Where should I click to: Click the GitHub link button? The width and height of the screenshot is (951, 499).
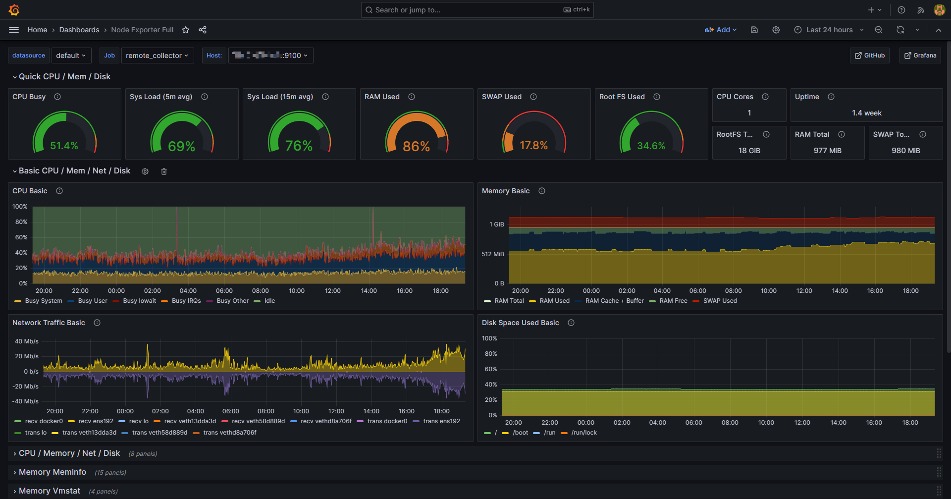tap(870, 55)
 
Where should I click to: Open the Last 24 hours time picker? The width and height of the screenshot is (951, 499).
tap(829, 30)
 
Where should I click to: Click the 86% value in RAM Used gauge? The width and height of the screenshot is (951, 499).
tap(416, 146)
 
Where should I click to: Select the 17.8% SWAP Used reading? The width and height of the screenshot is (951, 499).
tap(533, 146)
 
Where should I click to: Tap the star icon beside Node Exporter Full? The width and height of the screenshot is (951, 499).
tap(186, 30)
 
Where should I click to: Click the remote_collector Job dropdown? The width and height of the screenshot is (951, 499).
tap(157, 55)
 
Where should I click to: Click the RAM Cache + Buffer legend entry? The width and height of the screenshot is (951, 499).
tap(614, 301)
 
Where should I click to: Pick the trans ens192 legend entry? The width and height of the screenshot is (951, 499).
tap(441, 421)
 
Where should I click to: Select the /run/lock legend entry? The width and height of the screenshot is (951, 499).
tap(584, 433)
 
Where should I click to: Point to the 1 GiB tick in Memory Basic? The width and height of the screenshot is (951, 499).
tap(496, 224)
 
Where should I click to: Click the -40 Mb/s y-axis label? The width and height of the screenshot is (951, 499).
tap(25, 401)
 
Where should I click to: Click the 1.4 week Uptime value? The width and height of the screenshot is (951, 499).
tap(866, 113)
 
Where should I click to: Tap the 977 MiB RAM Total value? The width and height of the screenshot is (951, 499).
tap(827, 151)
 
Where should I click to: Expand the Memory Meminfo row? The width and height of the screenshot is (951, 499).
tap(53, 472)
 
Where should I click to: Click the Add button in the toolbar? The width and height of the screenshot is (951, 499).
tap(721, 30)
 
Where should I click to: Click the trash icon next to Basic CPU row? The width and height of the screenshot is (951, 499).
tap(164, 171)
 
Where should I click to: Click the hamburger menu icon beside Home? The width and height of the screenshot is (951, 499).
tap(14, 30)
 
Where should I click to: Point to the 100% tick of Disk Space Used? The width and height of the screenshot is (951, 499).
tap(489, 338)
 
